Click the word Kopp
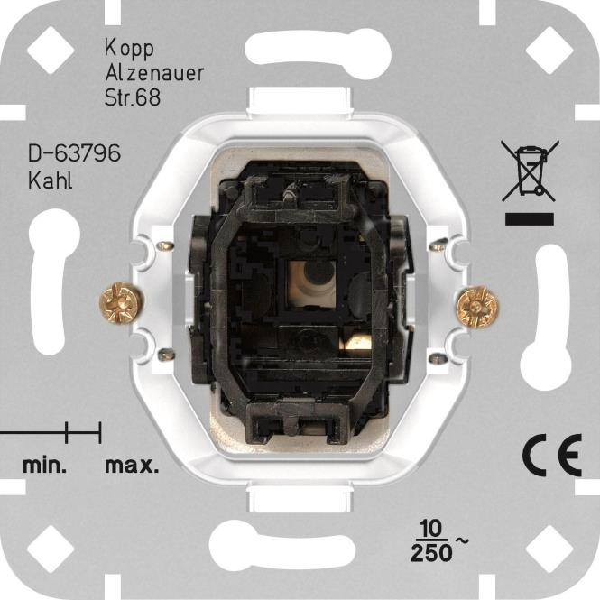(x=129, y=50)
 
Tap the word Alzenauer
(x=154, y=73)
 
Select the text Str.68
(x=133, y=97)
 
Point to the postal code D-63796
(x=74, y=153)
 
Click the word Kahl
(x=51, y=180)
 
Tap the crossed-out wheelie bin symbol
(x=530, y=171)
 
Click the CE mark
(x=552, y=455)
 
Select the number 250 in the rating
(x=431, y=552)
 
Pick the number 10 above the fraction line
(x=431, y=529)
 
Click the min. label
(x=45, y=466)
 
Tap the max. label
(x=132, y=466)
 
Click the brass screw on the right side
(x=478, y=306)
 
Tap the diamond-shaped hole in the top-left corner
(x=51, y=51)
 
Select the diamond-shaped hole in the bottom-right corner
(x=549, y=549)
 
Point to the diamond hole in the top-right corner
(x=549, y=51)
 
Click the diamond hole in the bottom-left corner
(x=51, y=549)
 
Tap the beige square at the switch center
(x=311, y=283)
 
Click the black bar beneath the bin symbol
(x=530, y=219)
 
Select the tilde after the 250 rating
(x=461, y=540)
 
